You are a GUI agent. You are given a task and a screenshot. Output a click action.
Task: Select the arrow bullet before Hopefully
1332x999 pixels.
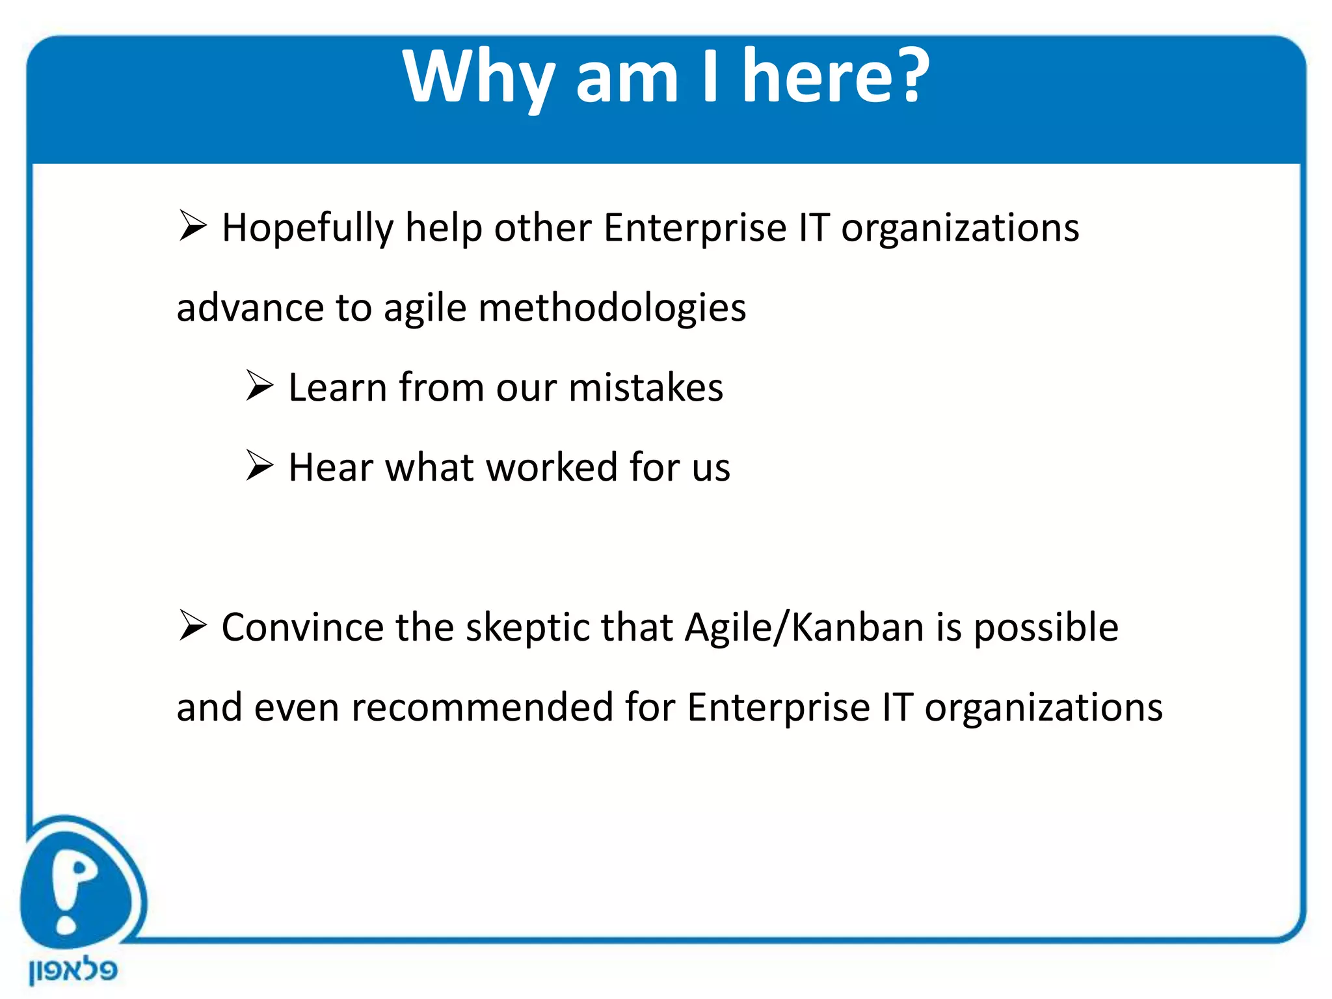193,226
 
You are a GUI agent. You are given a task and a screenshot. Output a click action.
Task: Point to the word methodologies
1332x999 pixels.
612,308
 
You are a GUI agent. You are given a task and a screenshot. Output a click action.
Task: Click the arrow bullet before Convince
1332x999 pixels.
193,626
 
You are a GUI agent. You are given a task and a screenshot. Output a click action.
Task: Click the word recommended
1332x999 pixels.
481,708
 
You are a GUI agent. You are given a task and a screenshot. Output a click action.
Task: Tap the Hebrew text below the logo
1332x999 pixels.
73,970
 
